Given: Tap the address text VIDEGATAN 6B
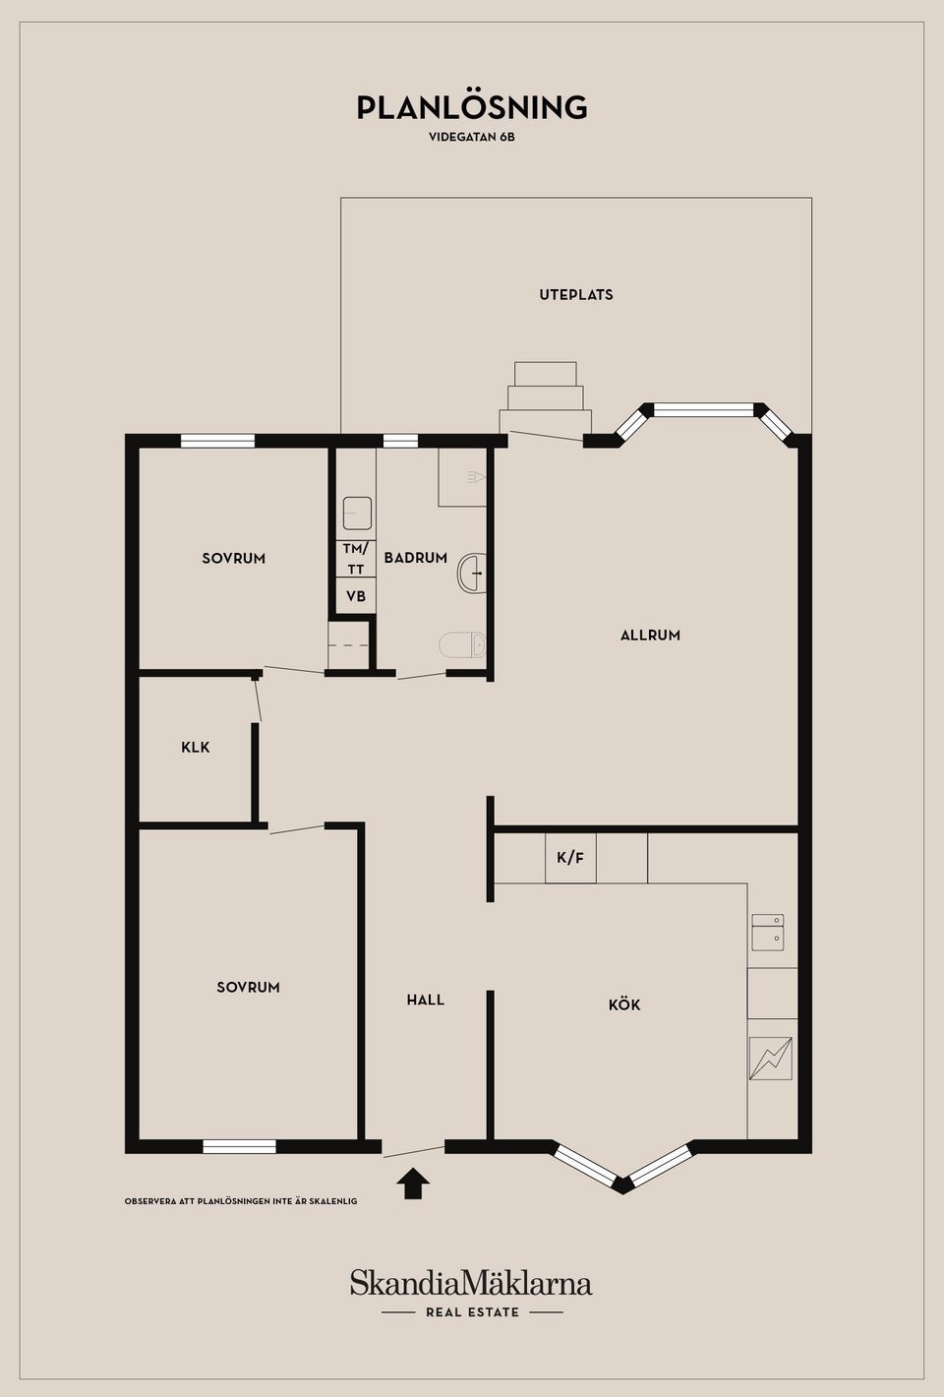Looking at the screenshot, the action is click(472, 137).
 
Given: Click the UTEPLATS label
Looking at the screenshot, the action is click(576, 294).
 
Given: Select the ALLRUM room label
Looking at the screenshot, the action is click(650, 635).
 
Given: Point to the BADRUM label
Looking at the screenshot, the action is click(415, 558).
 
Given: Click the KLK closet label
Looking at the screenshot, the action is click(196, 747).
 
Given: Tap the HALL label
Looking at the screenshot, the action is click(426, 1000).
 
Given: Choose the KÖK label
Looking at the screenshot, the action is click(624, 1004).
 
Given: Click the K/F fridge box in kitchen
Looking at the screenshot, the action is click(570, 858).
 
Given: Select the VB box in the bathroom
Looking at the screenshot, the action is click(356, 596).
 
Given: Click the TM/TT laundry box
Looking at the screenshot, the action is click(356, 559).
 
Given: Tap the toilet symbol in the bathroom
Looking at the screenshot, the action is click(462, 644).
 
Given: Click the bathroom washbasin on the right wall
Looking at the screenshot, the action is click(472, 573).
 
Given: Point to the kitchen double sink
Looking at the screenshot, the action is click(768, 933).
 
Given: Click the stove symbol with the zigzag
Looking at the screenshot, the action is click(771, 1059).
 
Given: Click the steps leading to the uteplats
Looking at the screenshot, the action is click(546, 396).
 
